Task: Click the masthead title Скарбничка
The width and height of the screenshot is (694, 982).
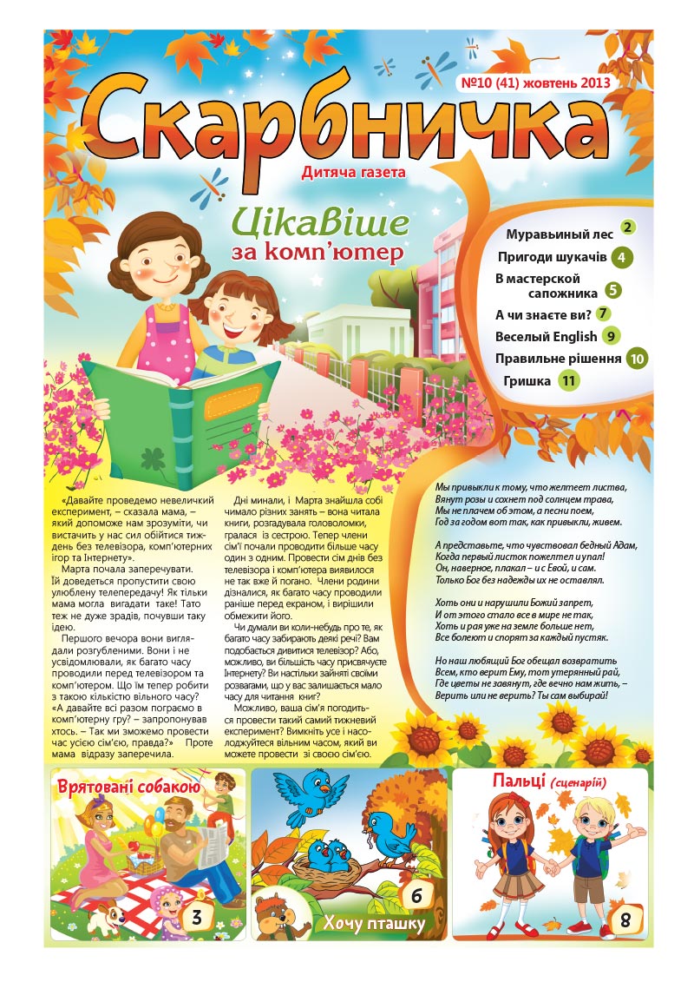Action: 347,122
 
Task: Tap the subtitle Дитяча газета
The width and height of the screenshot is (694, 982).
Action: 353,172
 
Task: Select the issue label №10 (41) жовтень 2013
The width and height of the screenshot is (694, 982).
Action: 534,83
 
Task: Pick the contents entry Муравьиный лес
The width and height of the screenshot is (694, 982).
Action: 560,234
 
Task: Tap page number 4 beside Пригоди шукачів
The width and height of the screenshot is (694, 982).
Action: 621,257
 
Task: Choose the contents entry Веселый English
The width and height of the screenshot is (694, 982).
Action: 546,336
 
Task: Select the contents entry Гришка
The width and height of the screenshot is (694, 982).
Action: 527,380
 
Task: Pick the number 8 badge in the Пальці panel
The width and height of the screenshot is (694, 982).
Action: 624,920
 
